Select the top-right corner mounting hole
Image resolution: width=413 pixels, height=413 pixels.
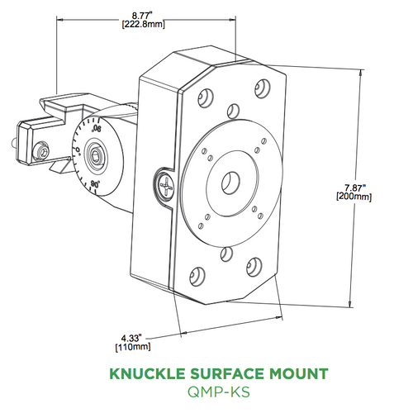(263, 86)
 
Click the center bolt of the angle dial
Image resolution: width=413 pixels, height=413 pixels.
(97, 154)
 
